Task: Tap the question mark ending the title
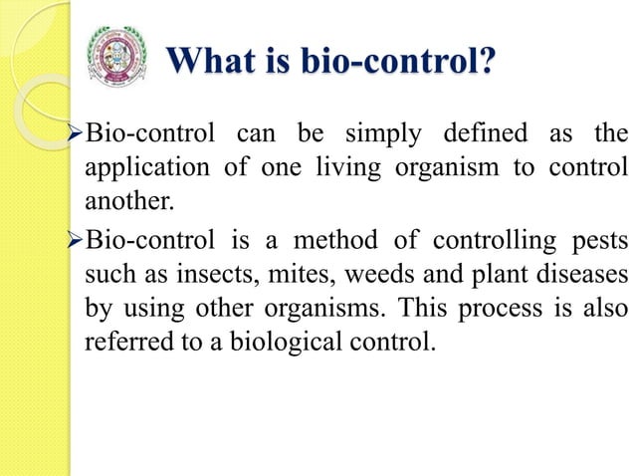coord(488,61)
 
